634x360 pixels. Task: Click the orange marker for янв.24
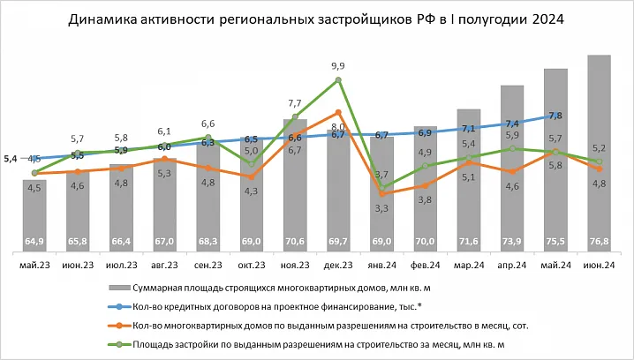382,194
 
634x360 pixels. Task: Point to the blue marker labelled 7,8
556,116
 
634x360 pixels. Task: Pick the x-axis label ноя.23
295,264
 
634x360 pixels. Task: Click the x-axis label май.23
35,264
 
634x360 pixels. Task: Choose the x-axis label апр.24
512,264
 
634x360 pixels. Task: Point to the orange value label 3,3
382,208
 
